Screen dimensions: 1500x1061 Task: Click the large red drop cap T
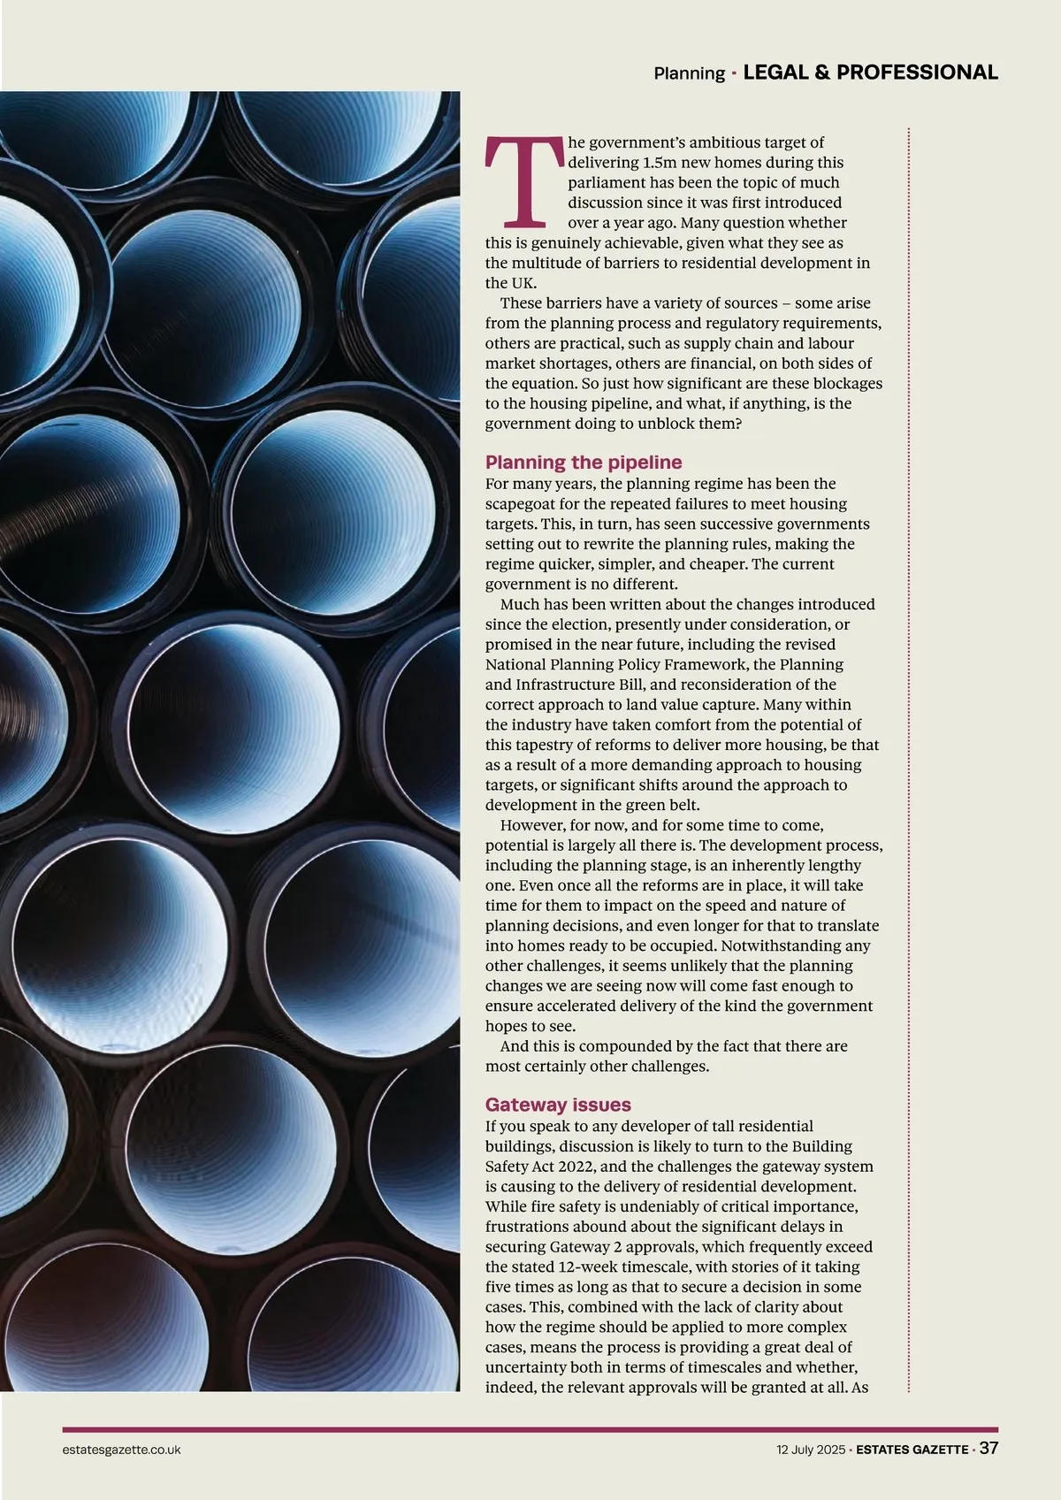pos(524,180)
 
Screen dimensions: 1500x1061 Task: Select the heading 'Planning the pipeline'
pos(584,462)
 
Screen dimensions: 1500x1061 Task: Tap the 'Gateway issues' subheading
pos(558,1105)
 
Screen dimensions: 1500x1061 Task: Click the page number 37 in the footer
pos(988,1449)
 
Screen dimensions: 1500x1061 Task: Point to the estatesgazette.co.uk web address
pos(122,1450)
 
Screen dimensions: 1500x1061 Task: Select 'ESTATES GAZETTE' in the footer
pos(912,1450)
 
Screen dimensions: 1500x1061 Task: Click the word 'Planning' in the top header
pos(689,73)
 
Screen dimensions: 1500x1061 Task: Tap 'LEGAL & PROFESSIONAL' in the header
pos(870,73)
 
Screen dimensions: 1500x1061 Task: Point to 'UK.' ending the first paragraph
pos(499,283)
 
